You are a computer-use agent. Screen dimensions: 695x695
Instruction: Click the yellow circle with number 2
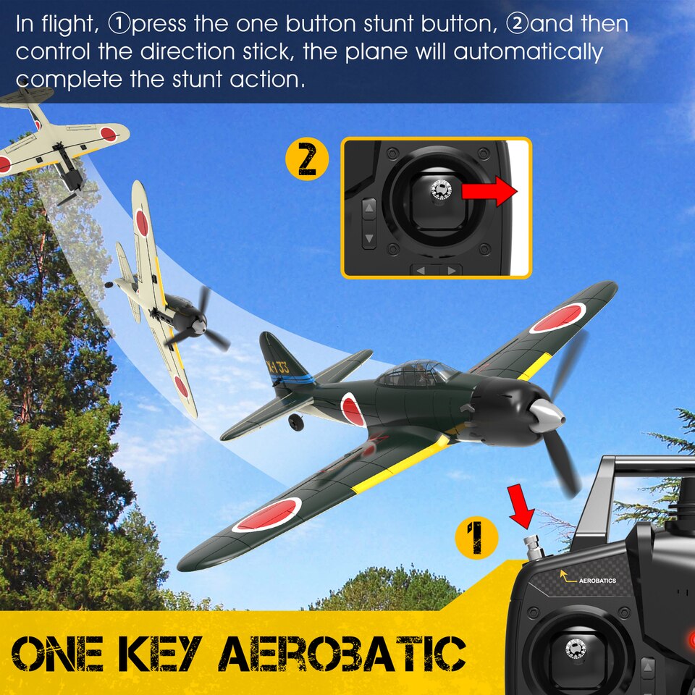point(308,161)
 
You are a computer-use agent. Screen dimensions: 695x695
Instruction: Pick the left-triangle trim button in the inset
point(421,271)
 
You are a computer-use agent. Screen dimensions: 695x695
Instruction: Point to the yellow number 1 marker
point(476,536)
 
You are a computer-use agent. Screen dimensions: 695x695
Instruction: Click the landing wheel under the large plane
point(295,421)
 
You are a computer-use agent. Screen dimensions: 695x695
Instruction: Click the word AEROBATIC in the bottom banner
point(342,654)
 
